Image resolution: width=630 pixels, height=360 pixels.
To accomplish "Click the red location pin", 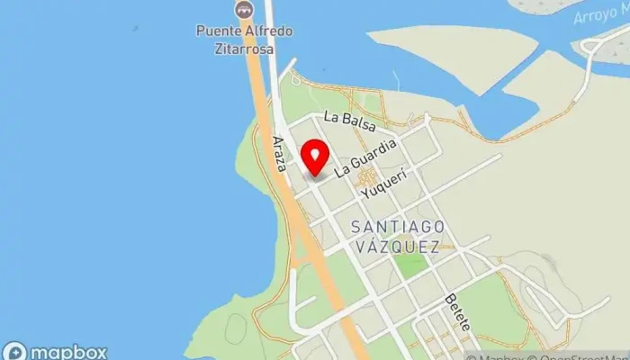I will [x=314, y=157].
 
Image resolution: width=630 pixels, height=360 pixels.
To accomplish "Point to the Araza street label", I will [x=279, y=152].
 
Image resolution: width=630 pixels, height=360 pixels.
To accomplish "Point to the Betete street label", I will [x=457, y=311].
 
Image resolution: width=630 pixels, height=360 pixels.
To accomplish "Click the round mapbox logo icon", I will [x=15, y=352].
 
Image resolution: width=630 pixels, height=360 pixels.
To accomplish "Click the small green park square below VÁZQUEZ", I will [x=410, y=264].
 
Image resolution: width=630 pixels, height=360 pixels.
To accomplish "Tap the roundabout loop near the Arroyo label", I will [x=593, y=46].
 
